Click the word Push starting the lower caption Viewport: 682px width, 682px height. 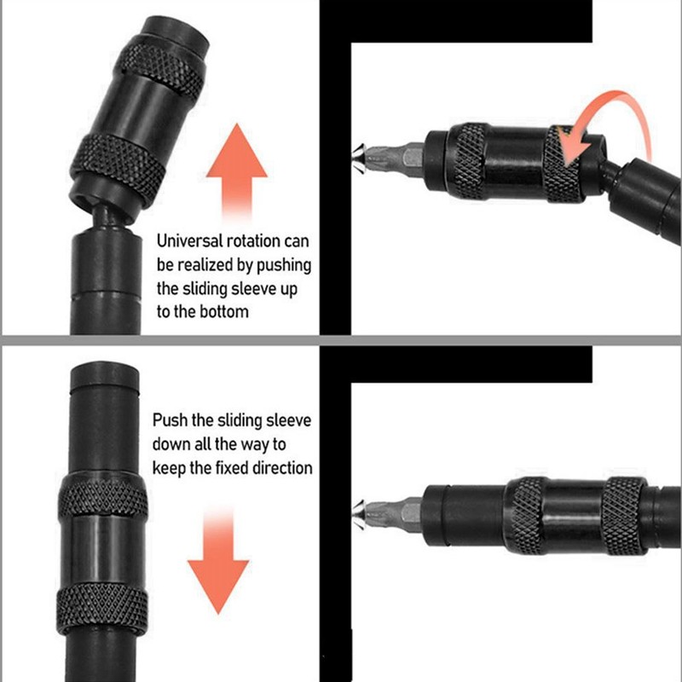170,421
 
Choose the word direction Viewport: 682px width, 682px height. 284,467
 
